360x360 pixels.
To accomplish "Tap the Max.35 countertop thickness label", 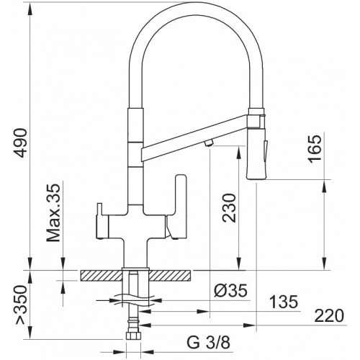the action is (53, 213).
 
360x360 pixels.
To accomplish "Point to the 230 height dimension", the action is (229, 208).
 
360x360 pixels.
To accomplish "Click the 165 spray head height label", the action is (314, 149).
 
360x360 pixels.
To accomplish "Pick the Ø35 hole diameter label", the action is (230, 291).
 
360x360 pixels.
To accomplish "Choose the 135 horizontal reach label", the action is (284, 302).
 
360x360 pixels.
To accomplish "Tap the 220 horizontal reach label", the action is (329, 316).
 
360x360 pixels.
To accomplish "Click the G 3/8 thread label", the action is (208, 343).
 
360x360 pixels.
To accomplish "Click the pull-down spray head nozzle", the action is (256, 154).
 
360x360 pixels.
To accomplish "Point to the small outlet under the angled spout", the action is (209, 143).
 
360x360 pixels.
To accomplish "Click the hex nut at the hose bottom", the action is (132, 335).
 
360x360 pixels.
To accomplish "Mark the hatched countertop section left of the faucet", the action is (102, 275).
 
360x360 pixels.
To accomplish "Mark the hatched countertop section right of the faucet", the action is (170, 275).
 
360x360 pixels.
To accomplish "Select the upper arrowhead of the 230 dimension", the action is (238, 153).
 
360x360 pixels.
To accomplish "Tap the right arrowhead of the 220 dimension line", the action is (249, 325).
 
